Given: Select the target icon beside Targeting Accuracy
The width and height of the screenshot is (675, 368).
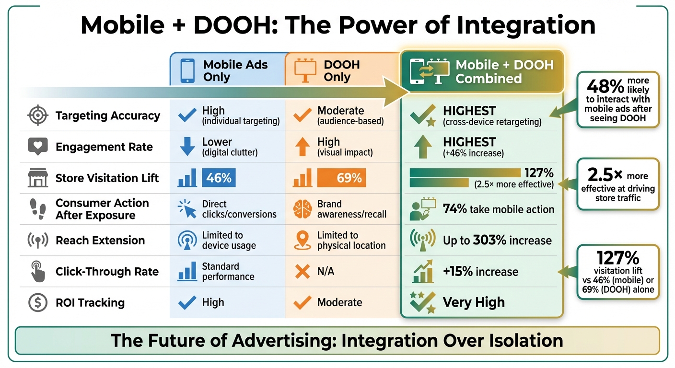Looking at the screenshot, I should (37, 116).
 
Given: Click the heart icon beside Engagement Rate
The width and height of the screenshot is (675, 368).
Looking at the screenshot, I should (37, 147).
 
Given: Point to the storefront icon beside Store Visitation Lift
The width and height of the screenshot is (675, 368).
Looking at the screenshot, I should (37, 178).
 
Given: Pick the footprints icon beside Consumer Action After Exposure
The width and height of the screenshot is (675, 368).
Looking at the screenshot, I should (37, 209).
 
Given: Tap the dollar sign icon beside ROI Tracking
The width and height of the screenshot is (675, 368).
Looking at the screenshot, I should (37, 303).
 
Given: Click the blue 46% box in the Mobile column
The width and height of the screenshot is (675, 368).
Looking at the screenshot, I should (219, 178).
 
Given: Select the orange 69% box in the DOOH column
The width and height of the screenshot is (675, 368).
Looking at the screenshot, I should (341, 178).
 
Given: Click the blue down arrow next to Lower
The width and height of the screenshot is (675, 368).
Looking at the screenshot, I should (186, 147).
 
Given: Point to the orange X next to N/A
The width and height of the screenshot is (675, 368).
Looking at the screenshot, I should (302, 272).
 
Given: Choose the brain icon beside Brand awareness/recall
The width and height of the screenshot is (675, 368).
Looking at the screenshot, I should (302, 209).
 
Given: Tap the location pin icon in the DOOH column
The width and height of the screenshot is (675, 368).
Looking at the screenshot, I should (302, 241).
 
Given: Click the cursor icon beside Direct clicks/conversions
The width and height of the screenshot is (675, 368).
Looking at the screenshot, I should (186, 209).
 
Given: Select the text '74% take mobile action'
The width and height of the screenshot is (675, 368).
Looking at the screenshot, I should (499, 209).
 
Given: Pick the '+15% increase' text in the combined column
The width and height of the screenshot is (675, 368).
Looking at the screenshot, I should (480, 272).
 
